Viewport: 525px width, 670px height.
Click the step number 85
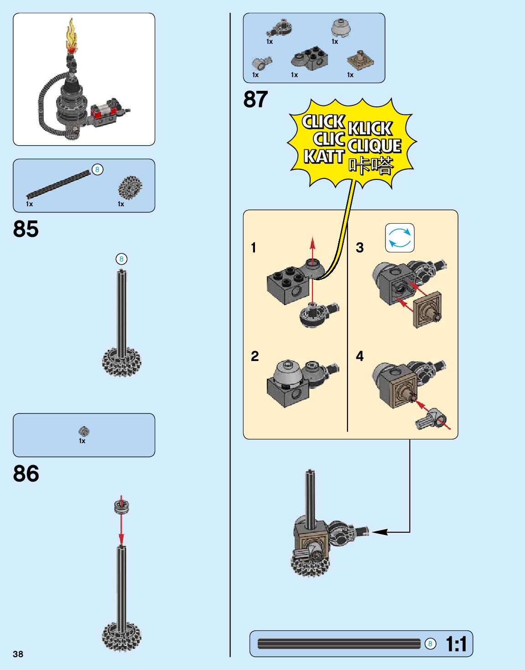[26, 229]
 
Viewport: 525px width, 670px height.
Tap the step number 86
[26, 474]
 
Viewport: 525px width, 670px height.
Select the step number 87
[255, 99]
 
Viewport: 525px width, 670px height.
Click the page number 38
[18, 654]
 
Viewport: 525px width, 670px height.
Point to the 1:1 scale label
[456, 644]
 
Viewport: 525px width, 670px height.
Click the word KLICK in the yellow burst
[369, 128]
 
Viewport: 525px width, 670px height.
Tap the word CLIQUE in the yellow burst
[374, 146]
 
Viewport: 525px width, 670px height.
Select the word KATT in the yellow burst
[323, 157]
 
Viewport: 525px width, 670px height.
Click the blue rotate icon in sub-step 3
[400, 238]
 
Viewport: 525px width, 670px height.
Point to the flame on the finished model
[72, 34]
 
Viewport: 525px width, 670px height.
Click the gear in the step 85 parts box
[130, 187]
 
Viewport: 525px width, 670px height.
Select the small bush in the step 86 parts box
[83, 431]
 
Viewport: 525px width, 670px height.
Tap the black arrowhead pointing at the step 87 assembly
[379, 532]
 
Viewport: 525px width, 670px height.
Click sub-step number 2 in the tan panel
[255, 356]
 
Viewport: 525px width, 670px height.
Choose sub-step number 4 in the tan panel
[360, 356]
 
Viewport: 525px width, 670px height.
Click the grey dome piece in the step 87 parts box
[340, 28]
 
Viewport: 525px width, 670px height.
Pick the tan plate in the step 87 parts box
[360, 60]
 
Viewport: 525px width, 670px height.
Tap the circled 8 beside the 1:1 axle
[430, 644]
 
